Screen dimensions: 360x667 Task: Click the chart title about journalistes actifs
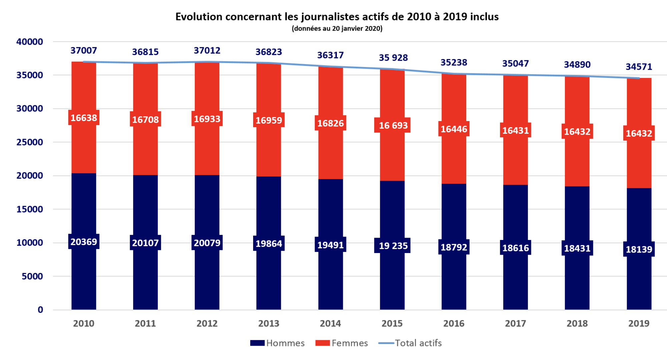pos(337,17)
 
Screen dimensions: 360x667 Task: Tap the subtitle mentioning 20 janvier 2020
pos(337,29)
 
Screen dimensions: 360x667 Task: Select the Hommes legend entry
pos(277,343)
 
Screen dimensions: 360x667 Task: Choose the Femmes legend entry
pos(342,343)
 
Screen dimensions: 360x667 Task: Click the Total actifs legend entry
pos(410,343)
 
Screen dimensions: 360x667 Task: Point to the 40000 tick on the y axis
pos(30,42)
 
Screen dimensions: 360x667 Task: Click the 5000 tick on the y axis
pos(32,276)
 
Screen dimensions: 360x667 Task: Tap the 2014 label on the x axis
pos(330,323)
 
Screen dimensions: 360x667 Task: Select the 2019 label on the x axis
pos(639,323)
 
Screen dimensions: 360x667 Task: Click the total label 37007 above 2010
pos(84,51)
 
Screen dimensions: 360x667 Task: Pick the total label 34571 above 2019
pos(639,67)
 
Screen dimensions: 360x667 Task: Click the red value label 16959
pos(269,120)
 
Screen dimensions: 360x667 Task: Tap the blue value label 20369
pos(84,242)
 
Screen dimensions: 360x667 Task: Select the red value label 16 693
pos(393,125)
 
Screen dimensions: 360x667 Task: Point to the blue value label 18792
pos(454,247)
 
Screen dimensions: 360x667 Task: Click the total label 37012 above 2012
pos(207,51)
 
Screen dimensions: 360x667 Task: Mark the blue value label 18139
pos(639,249)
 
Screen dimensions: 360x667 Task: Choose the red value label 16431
pos(516,130)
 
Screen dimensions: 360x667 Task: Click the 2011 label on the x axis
pos(145,323)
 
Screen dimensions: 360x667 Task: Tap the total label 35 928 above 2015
pos(393,58)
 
